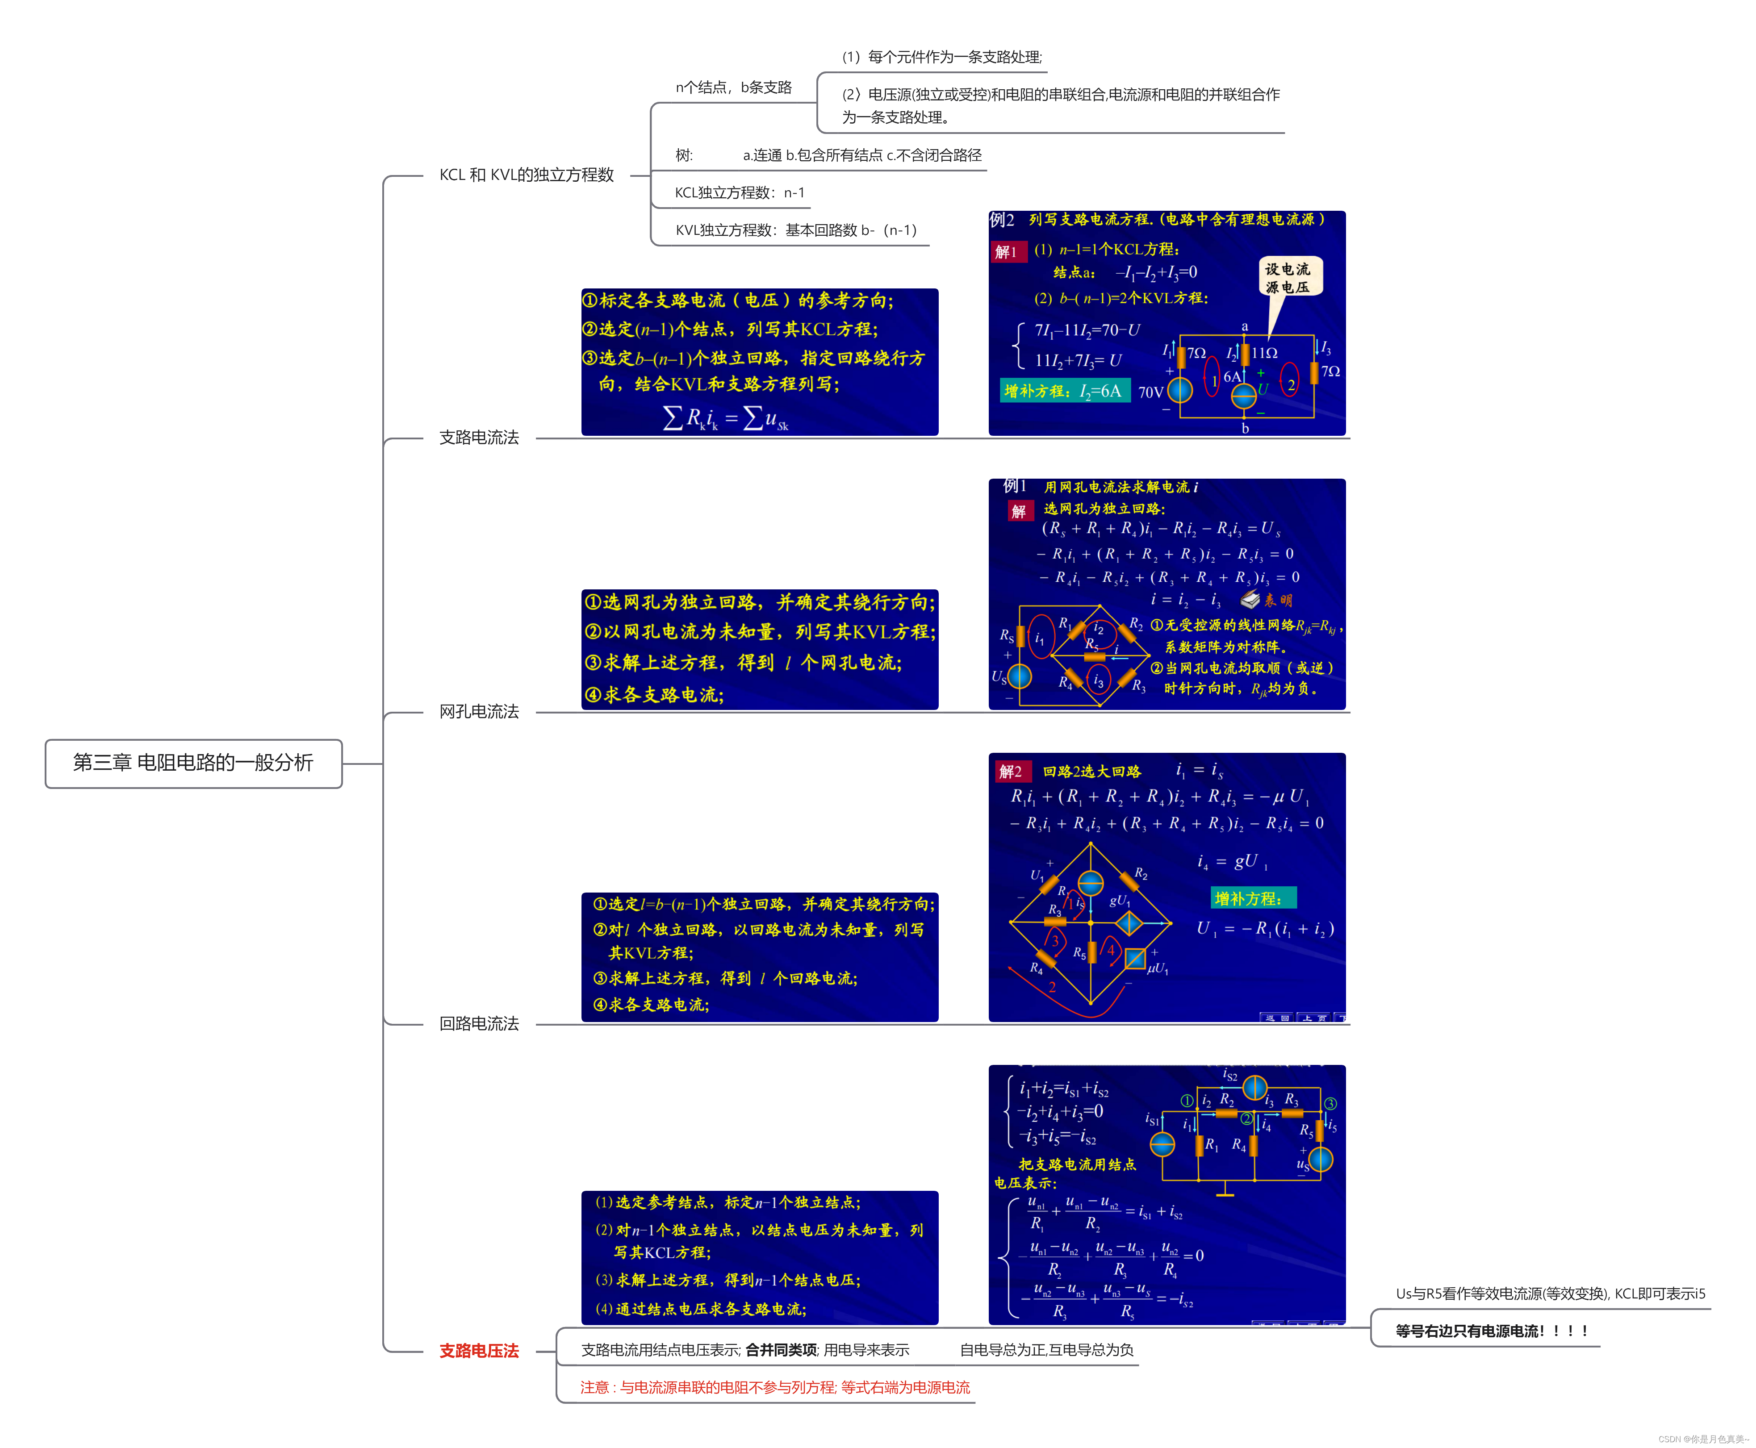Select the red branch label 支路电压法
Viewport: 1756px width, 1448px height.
point(479,1350)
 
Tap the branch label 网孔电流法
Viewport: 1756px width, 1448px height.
point(479,711)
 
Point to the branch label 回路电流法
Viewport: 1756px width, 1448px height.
point(479,1023)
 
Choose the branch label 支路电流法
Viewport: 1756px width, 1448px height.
point(479,437)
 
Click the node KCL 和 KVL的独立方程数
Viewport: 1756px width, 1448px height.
point(527,174)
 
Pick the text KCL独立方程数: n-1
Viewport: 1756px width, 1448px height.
point(739,193)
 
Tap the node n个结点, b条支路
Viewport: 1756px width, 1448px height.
point(733,87)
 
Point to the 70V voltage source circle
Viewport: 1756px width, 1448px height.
point(1179,389)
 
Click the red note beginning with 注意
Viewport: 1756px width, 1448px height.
point(775,1387)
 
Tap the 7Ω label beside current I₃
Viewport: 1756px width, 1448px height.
point(1331,371)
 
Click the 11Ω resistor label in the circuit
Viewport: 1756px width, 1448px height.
point(1265,353)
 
